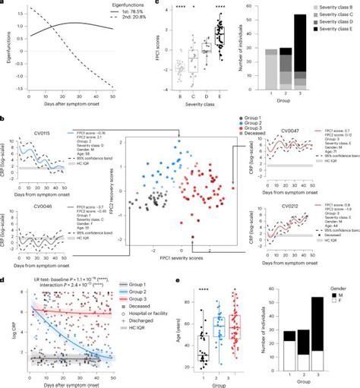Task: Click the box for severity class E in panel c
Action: tap(219, 36)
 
